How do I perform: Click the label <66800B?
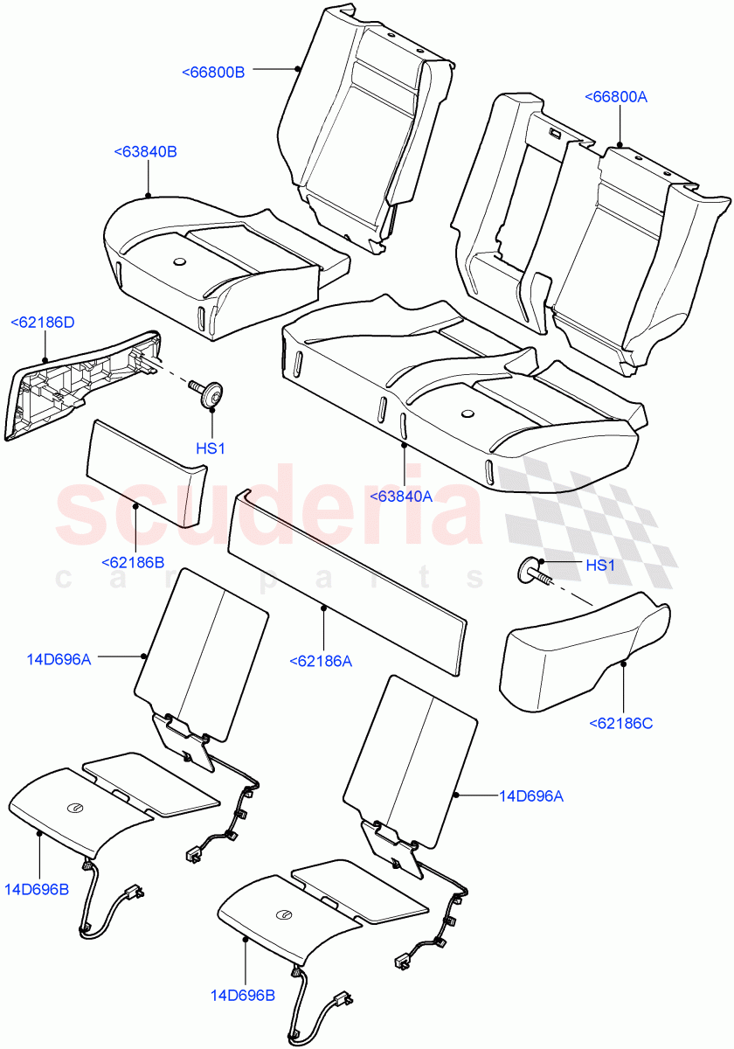[x=213, y=72]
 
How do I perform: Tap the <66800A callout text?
[x=615, y=97]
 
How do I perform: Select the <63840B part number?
[x=145, y=152]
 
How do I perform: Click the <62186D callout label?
[x=42, y=323]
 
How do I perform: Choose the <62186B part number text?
[x=133, y=562]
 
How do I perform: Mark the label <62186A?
[x=320, y=662]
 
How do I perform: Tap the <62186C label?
[x=621, y=723]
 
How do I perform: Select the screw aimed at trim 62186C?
[x=534, y=572]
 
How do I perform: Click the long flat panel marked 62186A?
[x=347, y=581]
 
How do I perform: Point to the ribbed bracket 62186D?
[x=83, y=380]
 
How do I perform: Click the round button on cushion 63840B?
[x=181, y=260]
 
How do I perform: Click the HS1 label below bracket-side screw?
[x=211, y=448]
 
